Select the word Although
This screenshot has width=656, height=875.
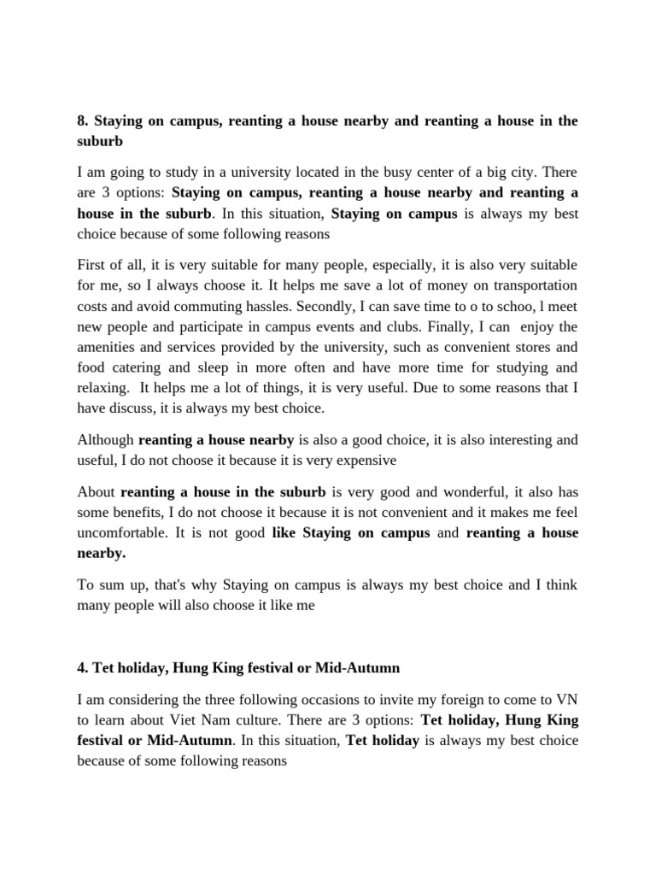click(105, 440)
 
